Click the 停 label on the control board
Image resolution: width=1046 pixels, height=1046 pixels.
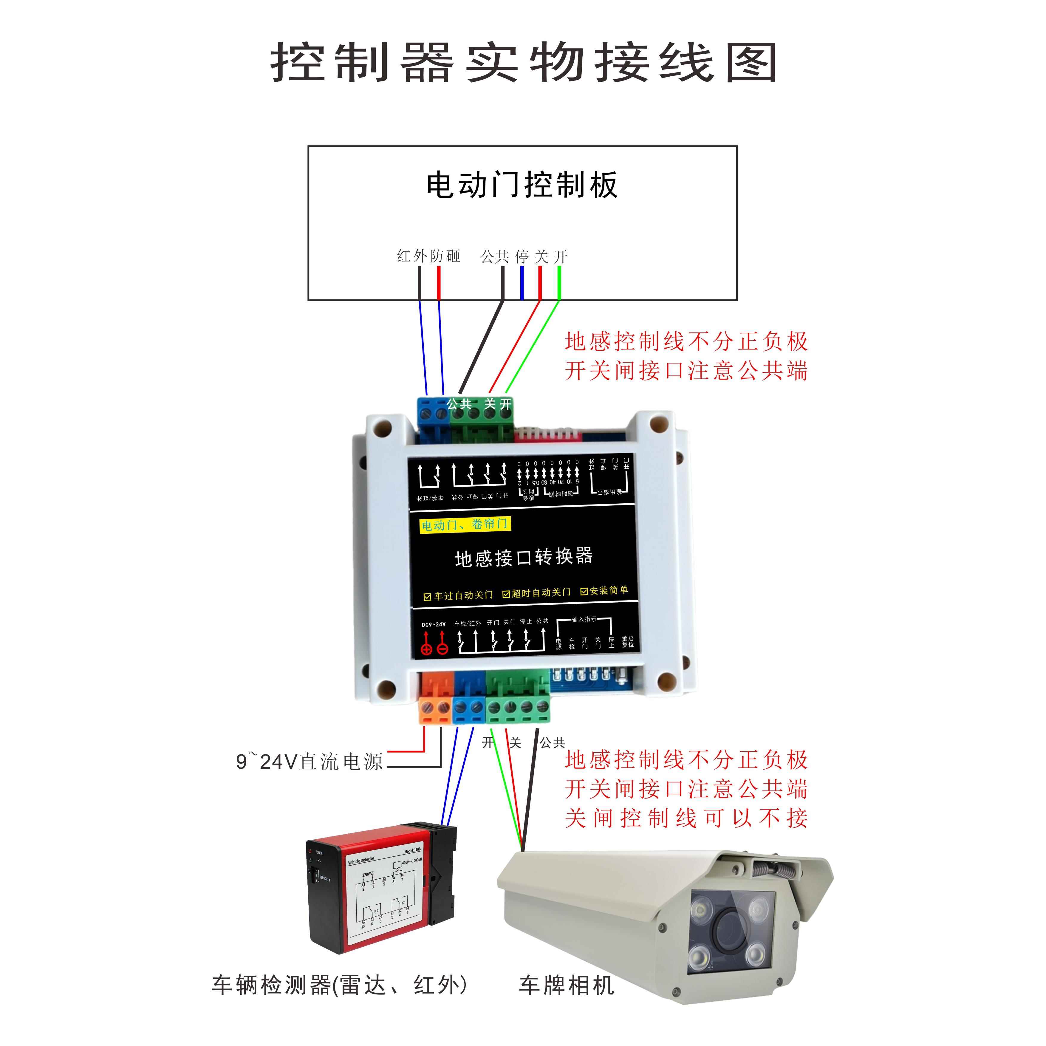tap(522, 256)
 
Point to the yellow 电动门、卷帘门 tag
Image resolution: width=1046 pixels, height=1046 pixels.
tap(465, 524)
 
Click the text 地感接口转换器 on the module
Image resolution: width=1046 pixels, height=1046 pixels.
tap(524, 557)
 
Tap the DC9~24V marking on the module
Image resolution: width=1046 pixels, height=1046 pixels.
tap(434, 624)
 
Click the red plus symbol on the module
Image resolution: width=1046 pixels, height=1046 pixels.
tap(427, 649)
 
